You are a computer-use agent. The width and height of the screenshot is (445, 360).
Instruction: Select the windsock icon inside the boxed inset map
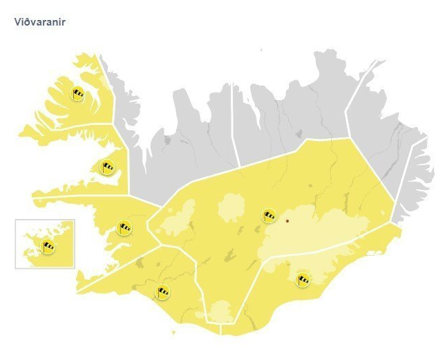[x=48, y=246]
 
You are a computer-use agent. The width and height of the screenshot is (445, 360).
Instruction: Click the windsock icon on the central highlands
[x=269, y=216]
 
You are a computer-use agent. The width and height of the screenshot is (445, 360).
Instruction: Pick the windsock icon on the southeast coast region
[x=303, y=279]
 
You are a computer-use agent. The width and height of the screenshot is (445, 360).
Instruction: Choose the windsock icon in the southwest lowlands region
[x=162, y=292]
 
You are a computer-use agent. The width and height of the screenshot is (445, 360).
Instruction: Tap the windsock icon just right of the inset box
[x=124, y=227]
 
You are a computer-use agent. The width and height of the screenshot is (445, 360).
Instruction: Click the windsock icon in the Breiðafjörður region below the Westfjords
[x=107, y=166]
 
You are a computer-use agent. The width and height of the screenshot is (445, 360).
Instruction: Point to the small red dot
[x=287, y=221]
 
